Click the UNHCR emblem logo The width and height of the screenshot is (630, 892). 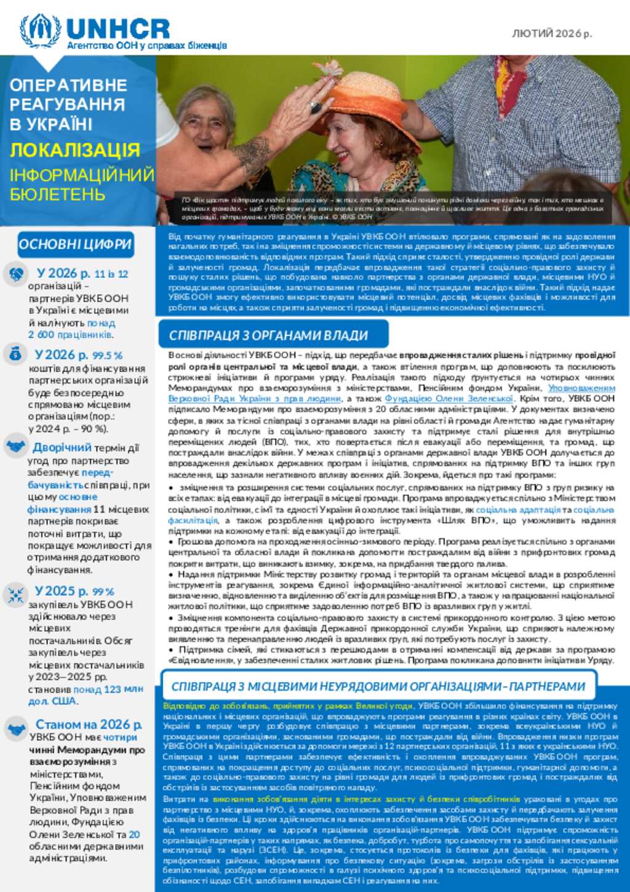[40, 30]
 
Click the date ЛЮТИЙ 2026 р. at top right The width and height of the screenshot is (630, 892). [552, 33]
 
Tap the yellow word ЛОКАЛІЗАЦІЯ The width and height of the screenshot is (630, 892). [75, 150]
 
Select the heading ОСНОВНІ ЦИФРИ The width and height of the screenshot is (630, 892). [75, 244]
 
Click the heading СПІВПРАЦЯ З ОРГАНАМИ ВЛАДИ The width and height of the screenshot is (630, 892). [268, 336]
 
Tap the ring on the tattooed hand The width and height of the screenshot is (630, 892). [316, 107]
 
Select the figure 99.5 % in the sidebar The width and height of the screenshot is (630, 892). [108, 356]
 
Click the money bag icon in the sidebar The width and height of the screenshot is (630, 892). [15, 354]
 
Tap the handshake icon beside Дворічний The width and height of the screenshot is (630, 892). [15, 446]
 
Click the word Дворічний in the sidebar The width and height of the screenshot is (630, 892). [62, 448]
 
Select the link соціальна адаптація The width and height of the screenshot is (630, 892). [518, 510]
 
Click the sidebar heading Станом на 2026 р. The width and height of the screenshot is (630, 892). [89, 725]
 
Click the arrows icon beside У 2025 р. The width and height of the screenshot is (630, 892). [15, 594]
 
